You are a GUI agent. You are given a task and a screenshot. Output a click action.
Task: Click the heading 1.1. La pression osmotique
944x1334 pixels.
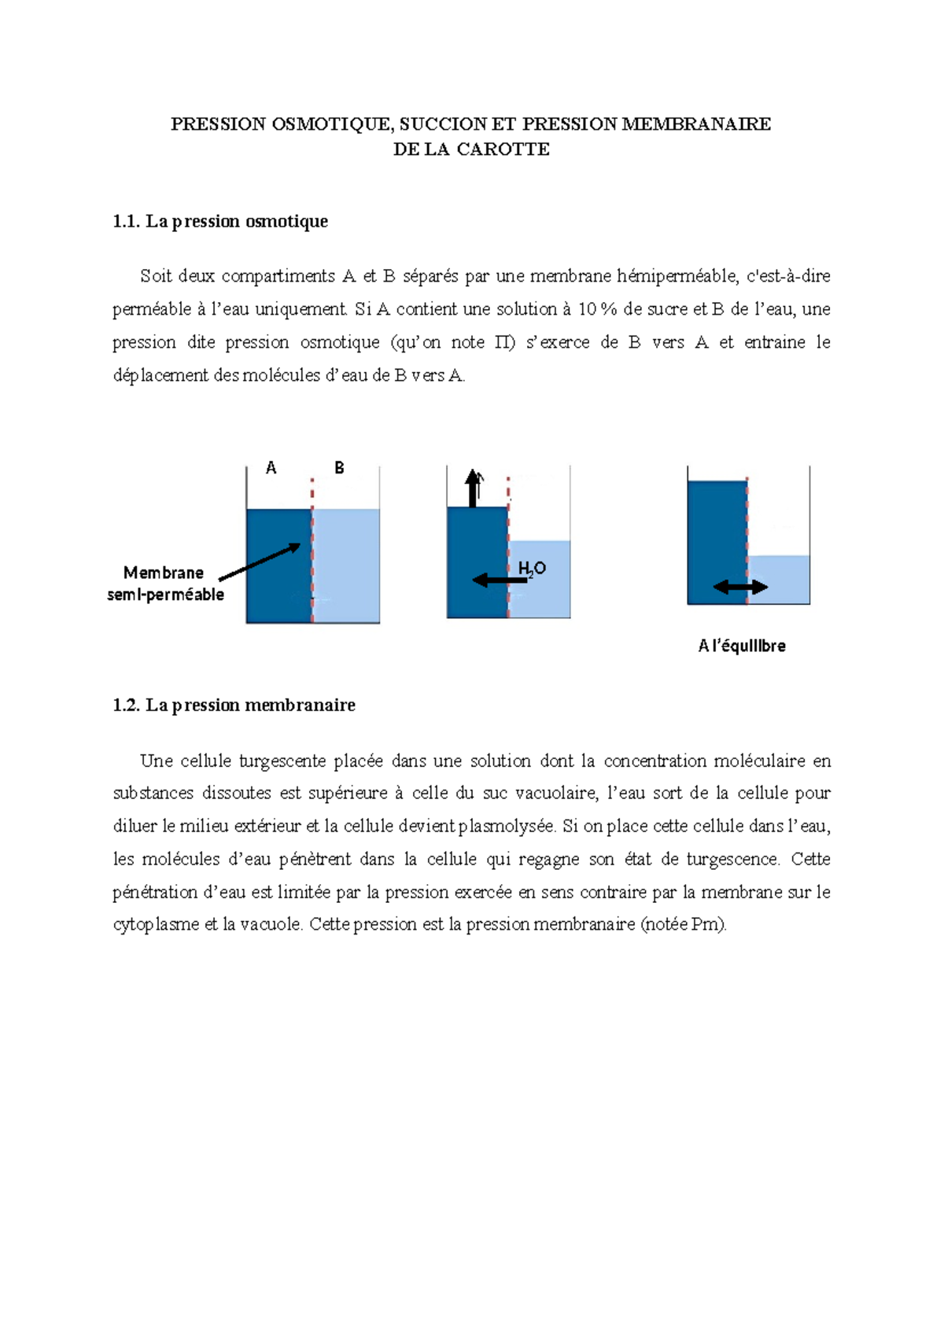[220, 222]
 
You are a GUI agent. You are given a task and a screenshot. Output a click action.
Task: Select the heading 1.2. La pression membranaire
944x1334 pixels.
[234, 706]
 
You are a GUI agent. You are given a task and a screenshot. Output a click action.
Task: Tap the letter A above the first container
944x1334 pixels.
[271, 468]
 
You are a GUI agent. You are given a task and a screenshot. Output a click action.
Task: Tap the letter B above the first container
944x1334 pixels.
[339, 468]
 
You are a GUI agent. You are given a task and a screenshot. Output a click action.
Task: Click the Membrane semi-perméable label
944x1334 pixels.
[165, 584]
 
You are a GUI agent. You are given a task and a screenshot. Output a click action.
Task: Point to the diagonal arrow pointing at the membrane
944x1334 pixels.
[260, 562]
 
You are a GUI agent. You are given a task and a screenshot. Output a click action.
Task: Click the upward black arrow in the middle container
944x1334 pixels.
[473, 488]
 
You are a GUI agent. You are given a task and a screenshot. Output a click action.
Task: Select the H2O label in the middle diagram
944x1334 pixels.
[532, 569]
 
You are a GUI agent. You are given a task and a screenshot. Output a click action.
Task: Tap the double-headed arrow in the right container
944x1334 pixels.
[740, 587]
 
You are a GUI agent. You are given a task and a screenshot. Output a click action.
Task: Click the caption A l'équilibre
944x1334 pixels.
[742, 646]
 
